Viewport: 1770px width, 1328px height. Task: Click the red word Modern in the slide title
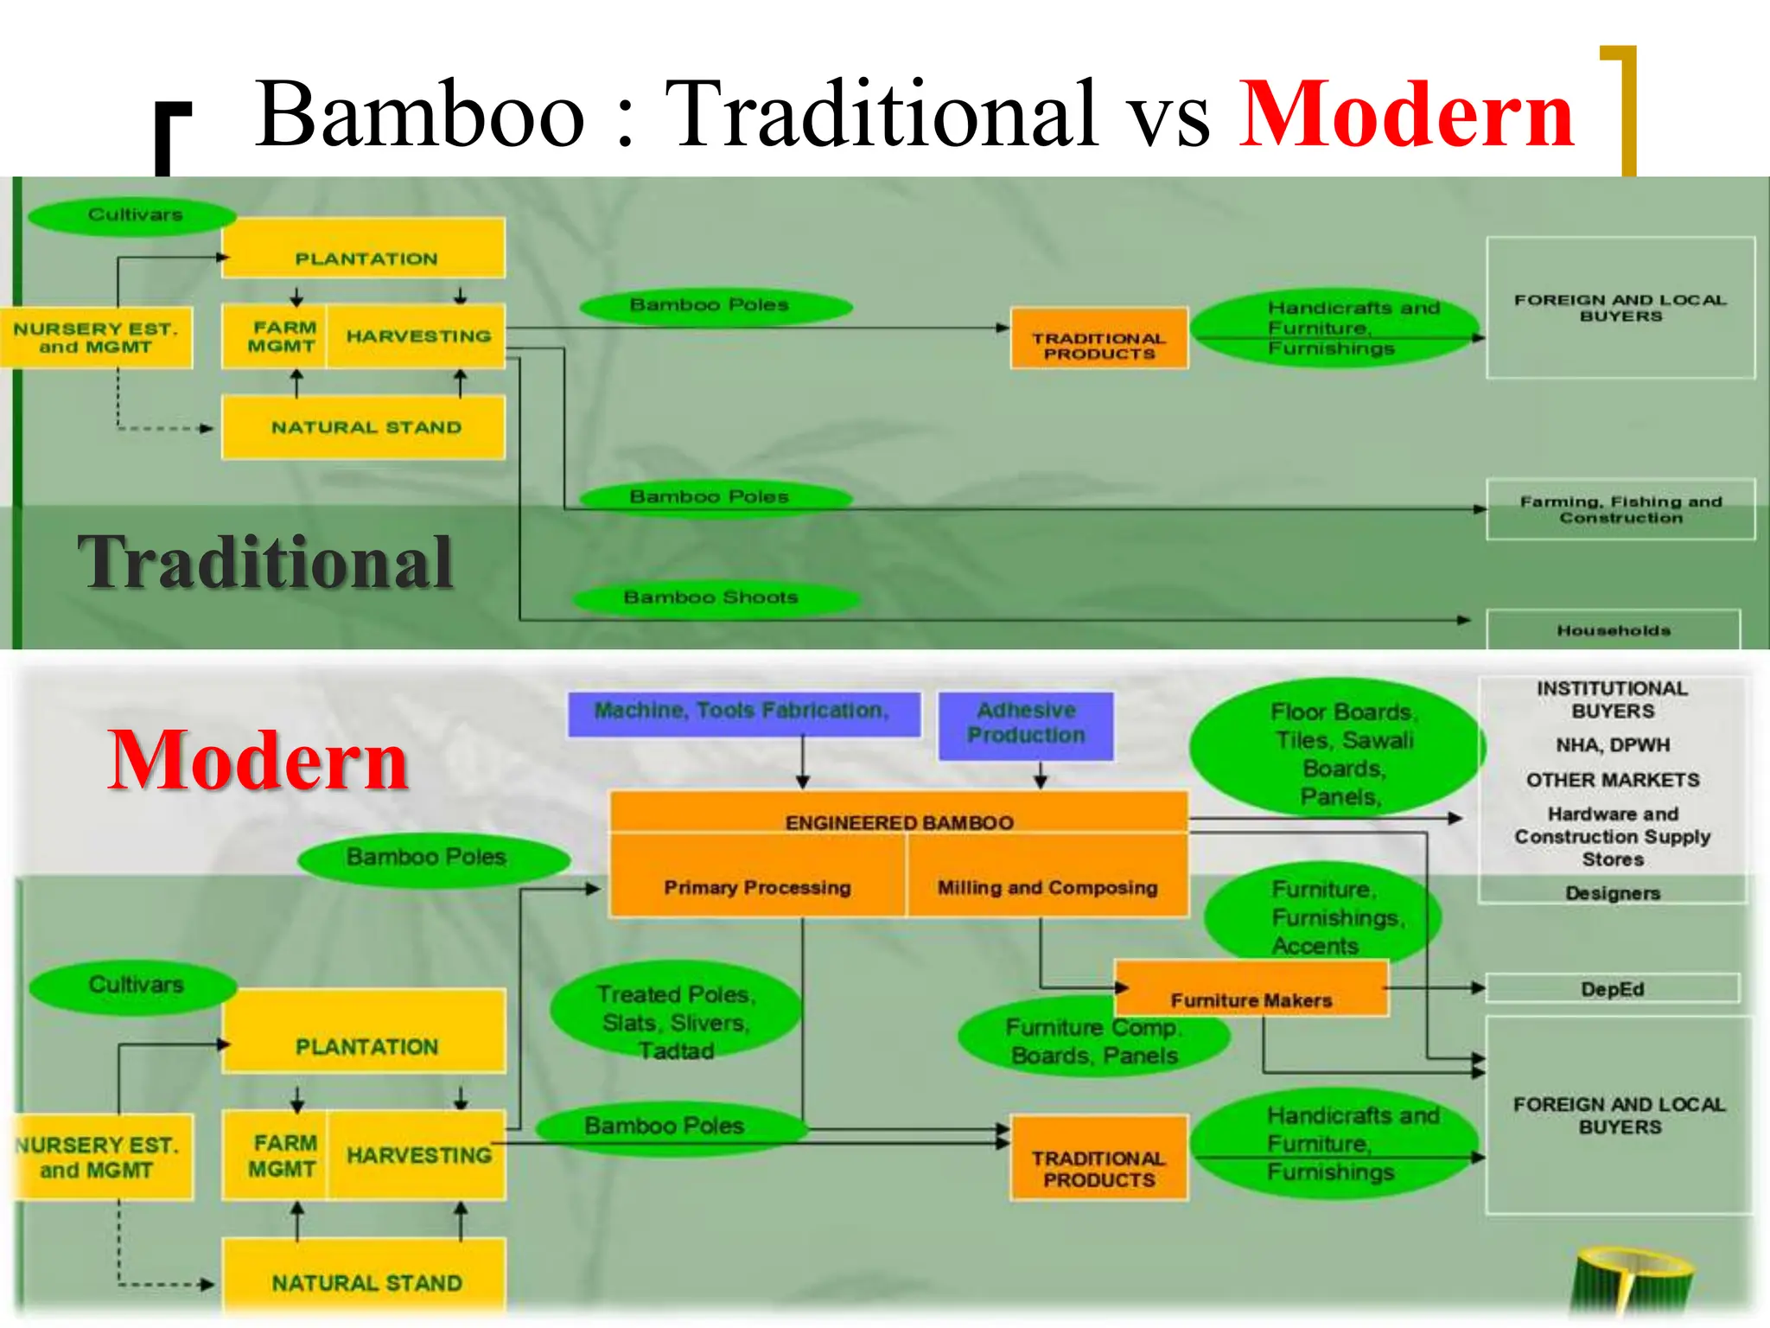click(x=1406, y=116)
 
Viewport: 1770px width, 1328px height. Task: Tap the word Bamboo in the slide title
click(x=420, y=116)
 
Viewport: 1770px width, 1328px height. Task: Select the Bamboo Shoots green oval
click(x=711, y=597)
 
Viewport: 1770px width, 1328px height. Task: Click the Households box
click(x=1613, y=630)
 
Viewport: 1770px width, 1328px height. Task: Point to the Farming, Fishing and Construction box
click(x=1620, y=509)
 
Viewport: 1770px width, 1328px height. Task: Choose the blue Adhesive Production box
click(x=1026, y=724)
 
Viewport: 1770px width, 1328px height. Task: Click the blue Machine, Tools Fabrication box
click(x=742, y=712)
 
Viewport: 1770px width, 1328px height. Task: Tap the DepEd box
click(x=1613, y=988)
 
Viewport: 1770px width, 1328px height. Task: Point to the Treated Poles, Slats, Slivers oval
click(x=676, y=1023)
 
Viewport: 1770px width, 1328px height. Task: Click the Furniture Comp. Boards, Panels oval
click(x=1094, y=1042)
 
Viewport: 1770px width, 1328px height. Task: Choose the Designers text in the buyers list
click(x=1613, y=893)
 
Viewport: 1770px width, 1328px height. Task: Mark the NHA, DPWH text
click(x=1613, y=744)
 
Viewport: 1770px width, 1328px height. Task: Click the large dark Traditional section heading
click(x=265, y=563)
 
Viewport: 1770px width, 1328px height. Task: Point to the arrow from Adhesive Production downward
click(x=1041, y=775)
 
